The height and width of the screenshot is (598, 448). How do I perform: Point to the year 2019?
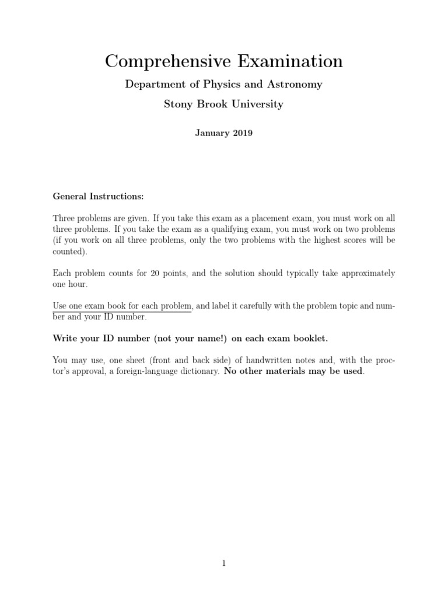pos(242,133)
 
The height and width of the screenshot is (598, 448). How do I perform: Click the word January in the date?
pos(212,133)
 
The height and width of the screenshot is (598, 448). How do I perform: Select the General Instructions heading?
pos(98,196)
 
